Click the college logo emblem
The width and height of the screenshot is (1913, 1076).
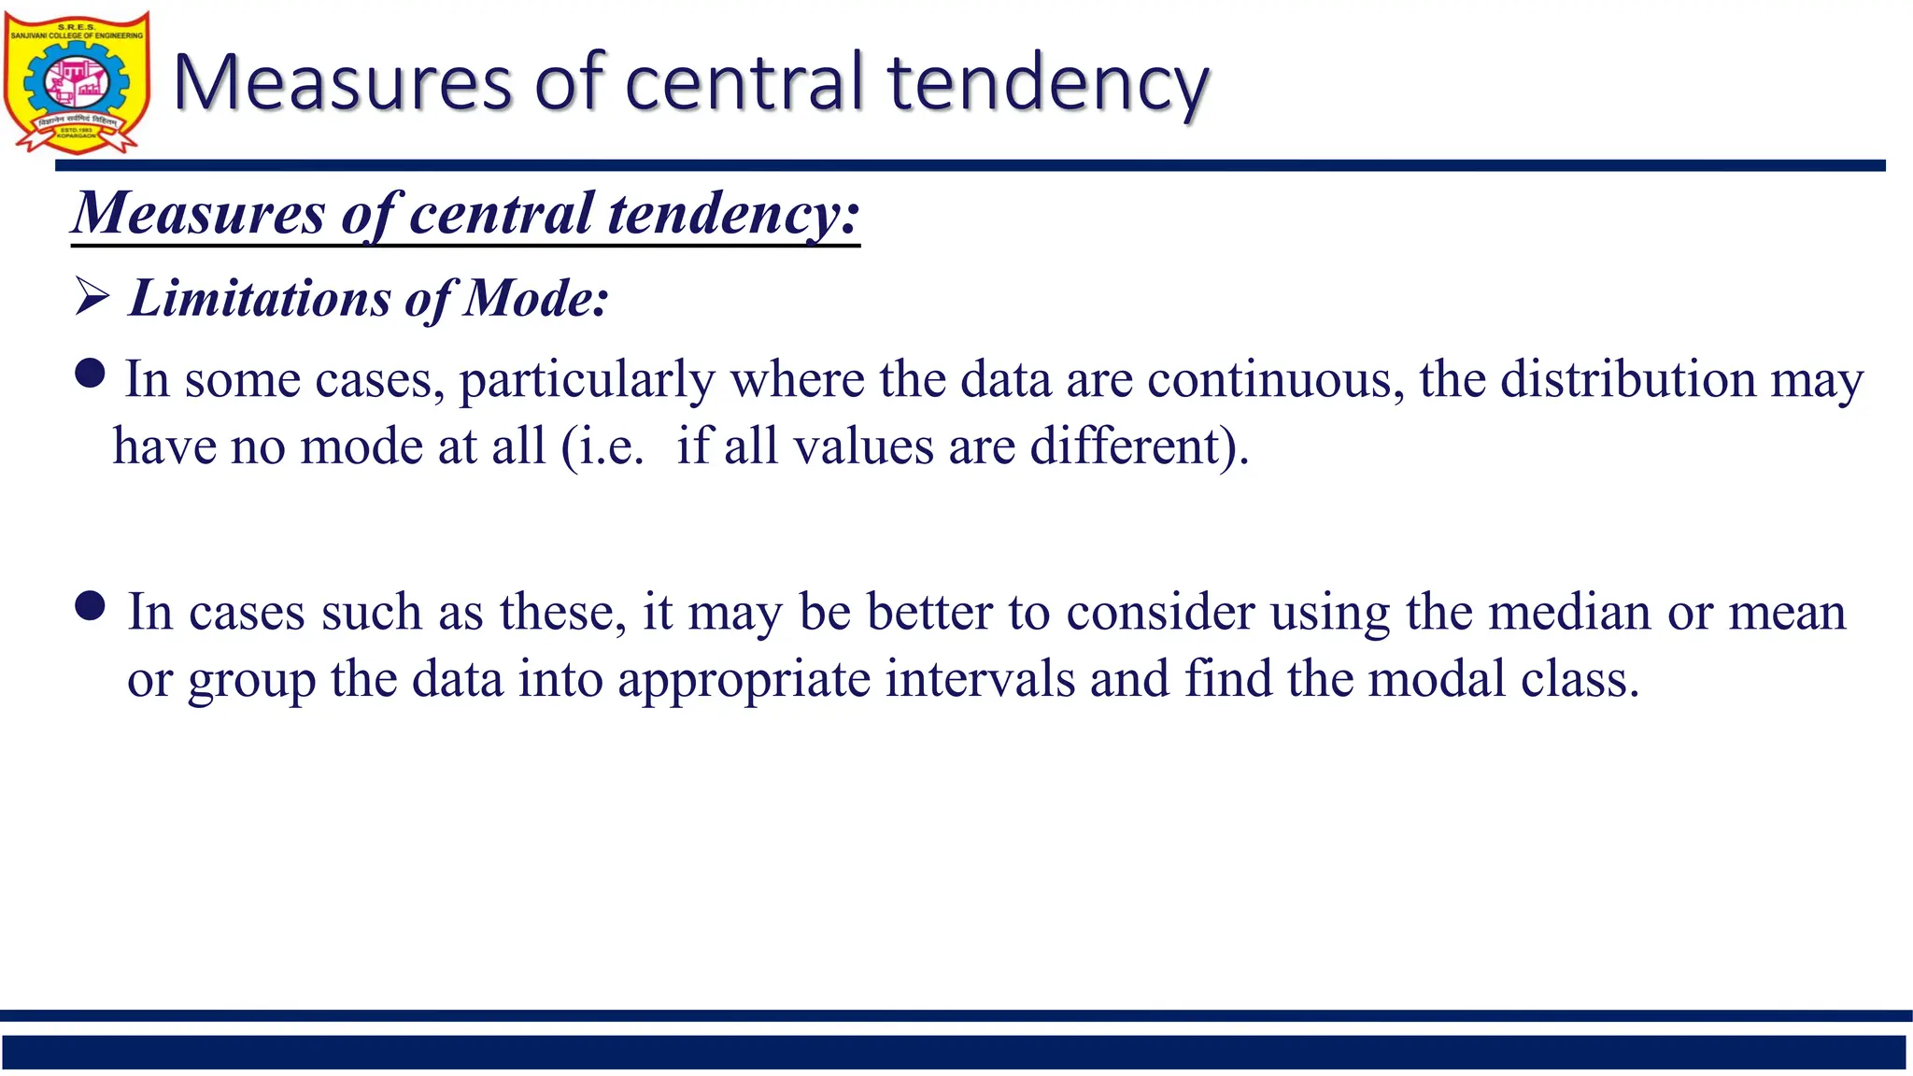(77, 82)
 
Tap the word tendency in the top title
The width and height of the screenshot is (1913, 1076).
(1048, 84)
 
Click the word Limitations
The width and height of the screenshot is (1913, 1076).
(259, 299)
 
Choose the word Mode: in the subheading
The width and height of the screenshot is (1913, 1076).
(536, 299)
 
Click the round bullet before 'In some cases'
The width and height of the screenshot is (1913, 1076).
(90, 375)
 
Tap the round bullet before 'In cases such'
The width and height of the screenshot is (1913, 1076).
(91, 606)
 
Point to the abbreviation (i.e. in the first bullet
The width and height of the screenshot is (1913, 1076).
(602, 446)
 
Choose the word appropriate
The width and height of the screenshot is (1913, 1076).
(744, 680)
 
